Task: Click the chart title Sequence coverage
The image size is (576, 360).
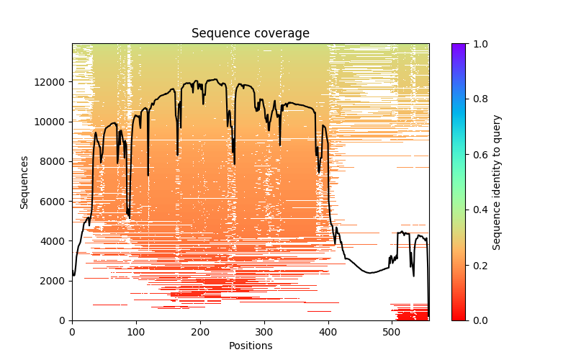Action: (250, 34)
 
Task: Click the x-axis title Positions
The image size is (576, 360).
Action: (250, 346)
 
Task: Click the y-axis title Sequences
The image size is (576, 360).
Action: (24, 182)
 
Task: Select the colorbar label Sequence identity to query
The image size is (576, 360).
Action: (497, 182)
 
